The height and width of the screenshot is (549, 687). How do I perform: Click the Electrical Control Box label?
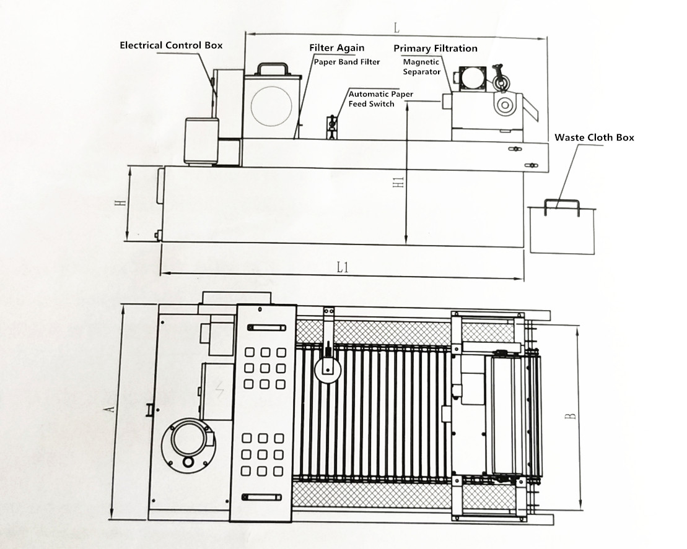tap(171, 45)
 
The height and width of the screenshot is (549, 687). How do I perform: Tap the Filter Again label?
tap(337, 48)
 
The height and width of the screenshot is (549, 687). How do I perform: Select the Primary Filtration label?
tap(435, 48)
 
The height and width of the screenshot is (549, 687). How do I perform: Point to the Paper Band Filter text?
tap(346, 62)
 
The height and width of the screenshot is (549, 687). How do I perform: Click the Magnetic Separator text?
tap(421, 67)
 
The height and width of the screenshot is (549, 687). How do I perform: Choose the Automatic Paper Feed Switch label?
tap(380, 99)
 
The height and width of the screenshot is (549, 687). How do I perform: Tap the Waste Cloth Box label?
tap(594, 137)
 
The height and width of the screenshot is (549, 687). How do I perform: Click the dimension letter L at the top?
tap(396, 28)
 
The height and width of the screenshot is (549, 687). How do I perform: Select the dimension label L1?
tap(343, 267)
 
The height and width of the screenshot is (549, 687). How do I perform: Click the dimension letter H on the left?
tap(124, 202)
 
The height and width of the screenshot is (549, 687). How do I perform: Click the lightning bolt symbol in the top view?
tap(217, 388)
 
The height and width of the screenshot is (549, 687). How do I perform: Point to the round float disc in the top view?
tap(326, 371)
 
